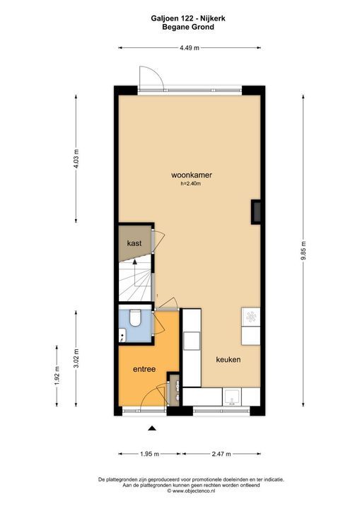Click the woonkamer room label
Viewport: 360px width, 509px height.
click(x=192, y=175)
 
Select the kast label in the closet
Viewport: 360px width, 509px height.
click(x=134, y=242)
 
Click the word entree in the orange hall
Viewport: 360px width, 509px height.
click(x=144, y=369)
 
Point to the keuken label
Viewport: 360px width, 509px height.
click(x=228, y=359)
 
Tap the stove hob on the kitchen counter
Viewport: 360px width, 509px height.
click(x=250, y=317)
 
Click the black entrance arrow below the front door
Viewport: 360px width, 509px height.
click(x=151, y=428)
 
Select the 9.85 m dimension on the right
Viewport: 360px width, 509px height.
click(x=303, y=250)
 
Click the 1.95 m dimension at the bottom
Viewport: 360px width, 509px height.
click(x=147, y=455)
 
